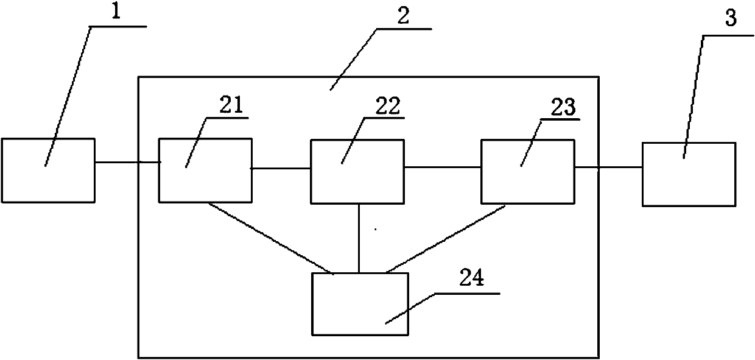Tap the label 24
click(472, 280)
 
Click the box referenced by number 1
click(48, 171)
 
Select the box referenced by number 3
click(688, 174)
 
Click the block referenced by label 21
click(205, 171)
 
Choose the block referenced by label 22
click(357, 171)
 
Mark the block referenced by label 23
click(527, 171)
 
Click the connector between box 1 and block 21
click(127, 162)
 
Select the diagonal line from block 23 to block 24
click(446, 238)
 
